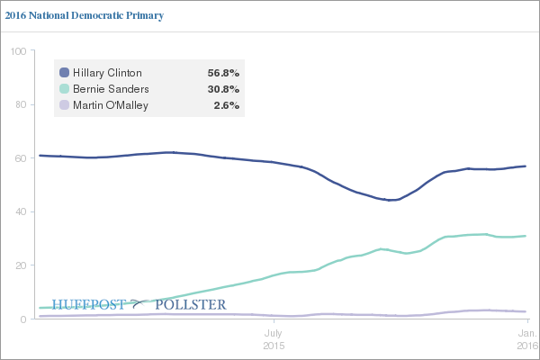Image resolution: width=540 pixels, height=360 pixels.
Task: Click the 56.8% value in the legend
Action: pyautogui.click(x=223, y=72)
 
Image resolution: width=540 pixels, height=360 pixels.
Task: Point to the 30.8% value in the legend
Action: pyautogui.click(x=223, y=88)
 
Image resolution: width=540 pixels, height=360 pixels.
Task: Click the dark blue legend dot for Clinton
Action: pyautogui.click(x=64, y=72)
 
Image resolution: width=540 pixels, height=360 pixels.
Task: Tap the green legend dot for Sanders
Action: pyautogui.click(x=64, y=88)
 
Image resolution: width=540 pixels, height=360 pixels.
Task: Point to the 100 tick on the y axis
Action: pyautogui.click(x=16, y=50)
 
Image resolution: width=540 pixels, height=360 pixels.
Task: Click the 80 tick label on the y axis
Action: pyautogui.click(x=19, y=104)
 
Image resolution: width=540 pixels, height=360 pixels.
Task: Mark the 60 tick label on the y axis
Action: pyautogui.click(x=19, y=158)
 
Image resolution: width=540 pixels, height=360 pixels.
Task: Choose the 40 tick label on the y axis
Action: pyautogui.click(x=19, y=212)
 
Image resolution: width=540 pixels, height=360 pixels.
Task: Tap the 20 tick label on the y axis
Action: pyautogui.click(x=19, y=265)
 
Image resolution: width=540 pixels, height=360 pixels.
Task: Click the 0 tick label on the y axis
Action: pyautogui.click(x=22, y=319)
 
